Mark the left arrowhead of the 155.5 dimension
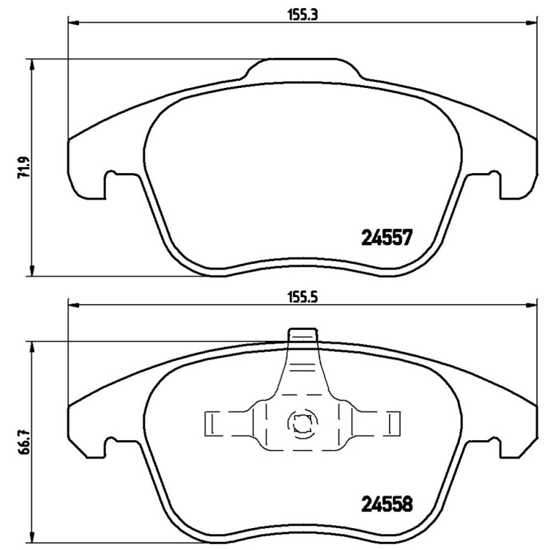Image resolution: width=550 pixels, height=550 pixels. tap(73, 307)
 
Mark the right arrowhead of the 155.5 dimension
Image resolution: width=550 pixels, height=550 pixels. tap(533, 307)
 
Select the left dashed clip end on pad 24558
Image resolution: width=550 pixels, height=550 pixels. tap(212, 423)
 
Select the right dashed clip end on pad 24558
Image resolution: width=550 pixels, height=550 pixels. tap(393, 423)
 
